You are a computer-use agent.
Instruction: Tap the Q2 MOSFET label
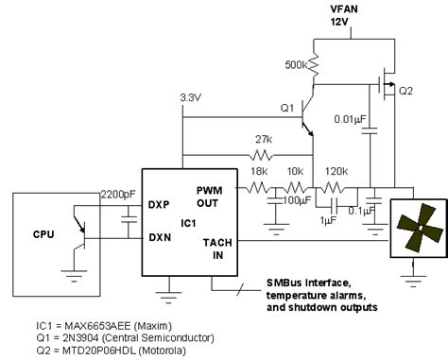pyautogui.click(x=406, y=91)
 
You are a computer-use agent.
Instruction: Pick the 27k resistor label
pyautogui.click(x=264, y=138)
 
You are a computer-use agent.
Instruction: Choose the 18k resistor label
pyautogui.click(x=258, y=172)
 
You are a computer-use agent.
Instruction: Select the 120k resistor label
pyautogui.click(x=334, y=172)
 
